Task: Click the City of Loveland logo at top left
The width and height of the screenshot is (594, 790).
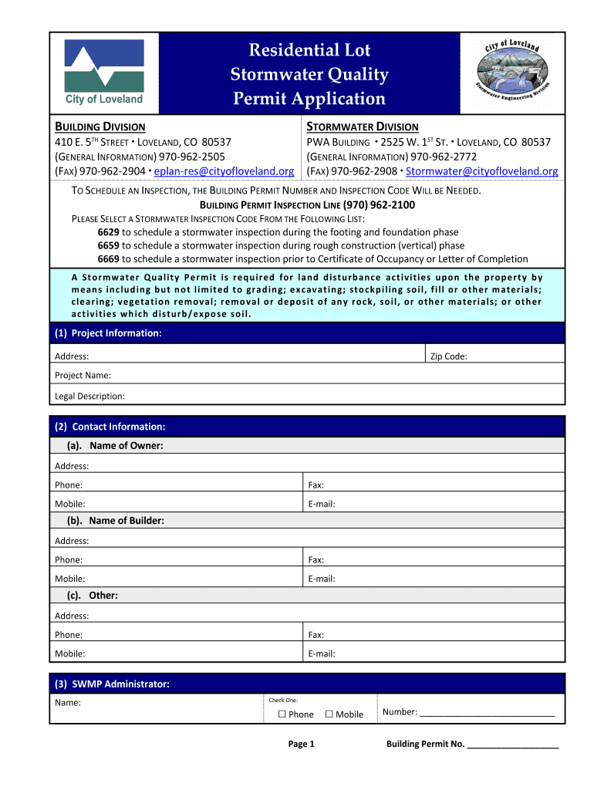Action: click(103, 73)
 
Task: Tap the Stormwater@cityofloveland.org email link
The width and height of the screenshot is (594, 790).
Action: click(481, 171)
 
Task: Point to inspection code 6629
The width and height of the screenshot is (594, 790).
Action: click(108, 231)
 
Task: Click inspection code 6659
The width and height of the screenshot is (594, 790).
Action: click(108, 245)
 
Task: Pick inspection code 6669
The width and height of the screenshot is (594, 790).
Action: click(108, 259)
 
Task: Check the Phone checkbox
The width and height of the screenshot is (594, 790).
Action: click(282, 714)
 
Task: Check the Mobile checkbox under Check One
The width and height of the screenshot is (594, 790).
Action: click(329, 714)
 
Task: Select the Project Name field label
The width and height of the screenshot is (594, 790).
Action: click(83, 376)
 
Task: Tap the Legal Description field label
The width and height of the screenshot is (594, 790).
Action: click(89, 396)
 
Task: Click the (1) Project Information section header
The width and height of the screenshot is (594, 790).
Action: click(108, 333)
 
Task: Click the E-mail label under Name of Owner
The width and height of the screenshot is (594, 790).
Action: click(321, 504)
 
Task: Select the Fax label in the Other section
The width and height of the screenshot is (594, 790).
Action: click(316, 634)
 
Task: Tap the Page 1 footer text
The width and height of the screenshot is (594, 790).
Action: click(301, 744)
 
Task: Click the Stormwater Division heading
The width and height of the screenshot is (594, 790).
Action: click(363, 127)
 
